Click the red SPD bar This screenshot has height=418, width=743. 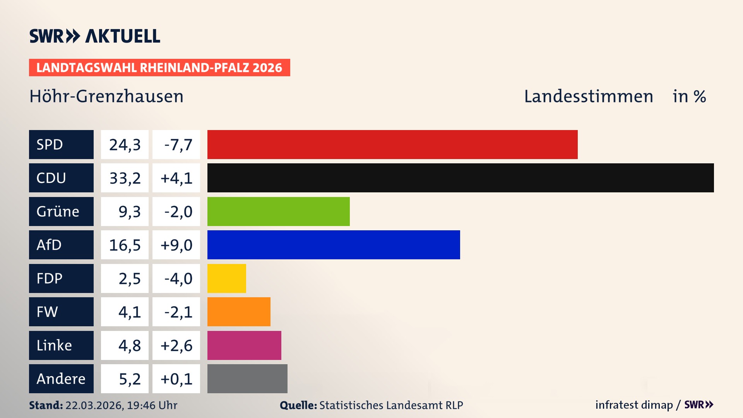point(392,144)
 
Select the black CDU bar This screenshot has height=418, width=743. point(461,178)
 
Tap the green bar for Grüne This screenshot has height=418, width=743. point(278,211)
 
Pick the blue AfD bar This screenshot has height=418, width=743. point(334,245)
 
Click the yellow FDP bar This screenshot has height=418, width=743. point(226,278)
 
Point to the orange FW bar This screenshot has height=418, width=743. point(239,312)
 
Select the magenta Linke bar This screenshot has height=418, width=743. point(244,345)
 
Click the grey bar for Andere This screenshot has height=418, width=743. point(247,379)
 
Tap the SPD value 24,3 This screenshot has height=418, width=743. point(125,145)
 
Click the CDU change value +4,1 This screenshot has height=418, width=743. point(176,178)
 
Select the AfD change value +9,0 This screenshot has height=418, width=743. point(176,245)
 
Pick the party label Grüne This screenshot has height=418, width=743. point(58,211)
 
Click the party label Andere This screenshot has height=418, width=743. point(61,379)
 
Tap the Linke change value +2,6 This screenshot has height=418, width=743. point(176,345)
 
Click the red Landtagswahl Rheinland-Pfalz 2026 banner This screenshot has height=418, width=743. point(159,68)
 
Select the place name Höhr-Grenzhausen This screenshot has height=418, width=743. point(106,96)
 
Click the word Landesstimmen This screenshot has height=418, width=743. point(589,96)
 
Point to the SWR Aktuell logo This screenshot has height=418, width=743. point(95,36)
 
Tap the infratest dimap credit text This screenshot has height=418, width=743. point(634,405)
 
